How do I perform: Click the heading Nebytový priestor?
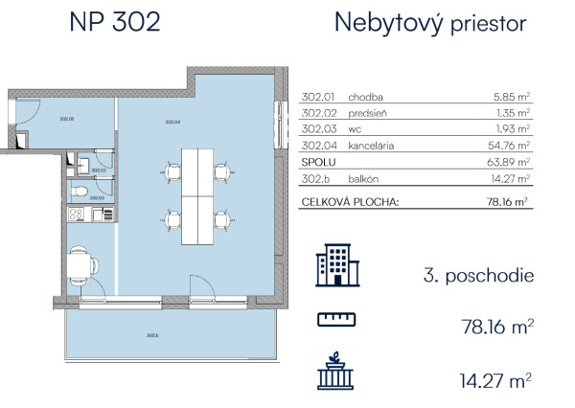[x=429, y=23]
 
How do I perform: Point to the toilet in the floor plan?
[x=85, y=191]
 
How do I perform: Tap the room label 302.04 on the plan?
[x=172, y=122]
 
